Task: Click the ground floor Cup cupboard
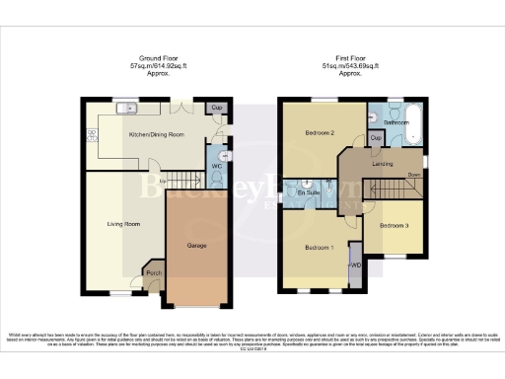216,108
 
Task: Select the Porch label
153,272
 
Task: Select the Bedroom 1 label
320,247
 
